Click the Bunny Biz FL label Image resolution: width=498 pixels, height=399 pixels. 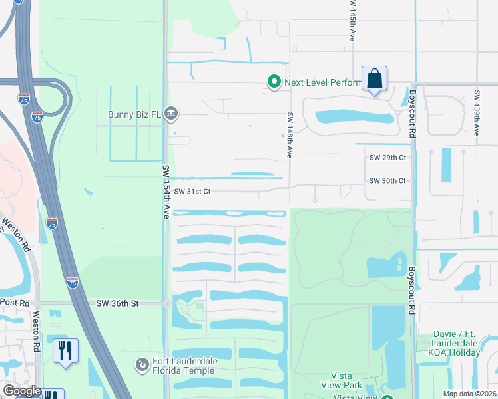point(134,114)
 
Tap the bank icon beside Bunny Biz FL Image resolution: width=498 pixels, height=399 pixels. point(171,114)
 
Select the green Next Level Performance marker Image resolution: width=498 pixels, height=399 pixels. point(274,82)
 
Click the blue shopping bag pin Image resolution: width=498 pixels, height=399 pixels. point(374,79)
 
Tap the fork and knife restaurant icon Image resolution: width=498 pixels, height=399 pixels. point(65,350)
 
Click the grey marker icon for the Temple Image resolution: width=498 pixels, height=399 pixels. point(141,364)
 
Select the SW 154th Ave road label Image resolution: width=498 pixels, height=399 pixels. point(166,192)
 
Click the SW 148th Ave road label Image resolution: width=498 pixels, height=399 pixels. point(290,134)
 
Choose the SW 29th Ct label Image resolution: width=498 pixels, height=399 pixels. point(387,158)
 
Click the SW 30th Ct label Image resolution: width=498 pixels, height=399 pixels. point(387,180)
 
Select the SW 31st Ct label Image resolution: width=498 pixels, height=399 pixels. point(192,192)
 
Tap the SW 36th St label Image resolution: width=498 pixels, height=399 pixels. point(117,303)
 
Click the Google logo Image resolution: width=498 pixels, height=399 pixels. point(21,391)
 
